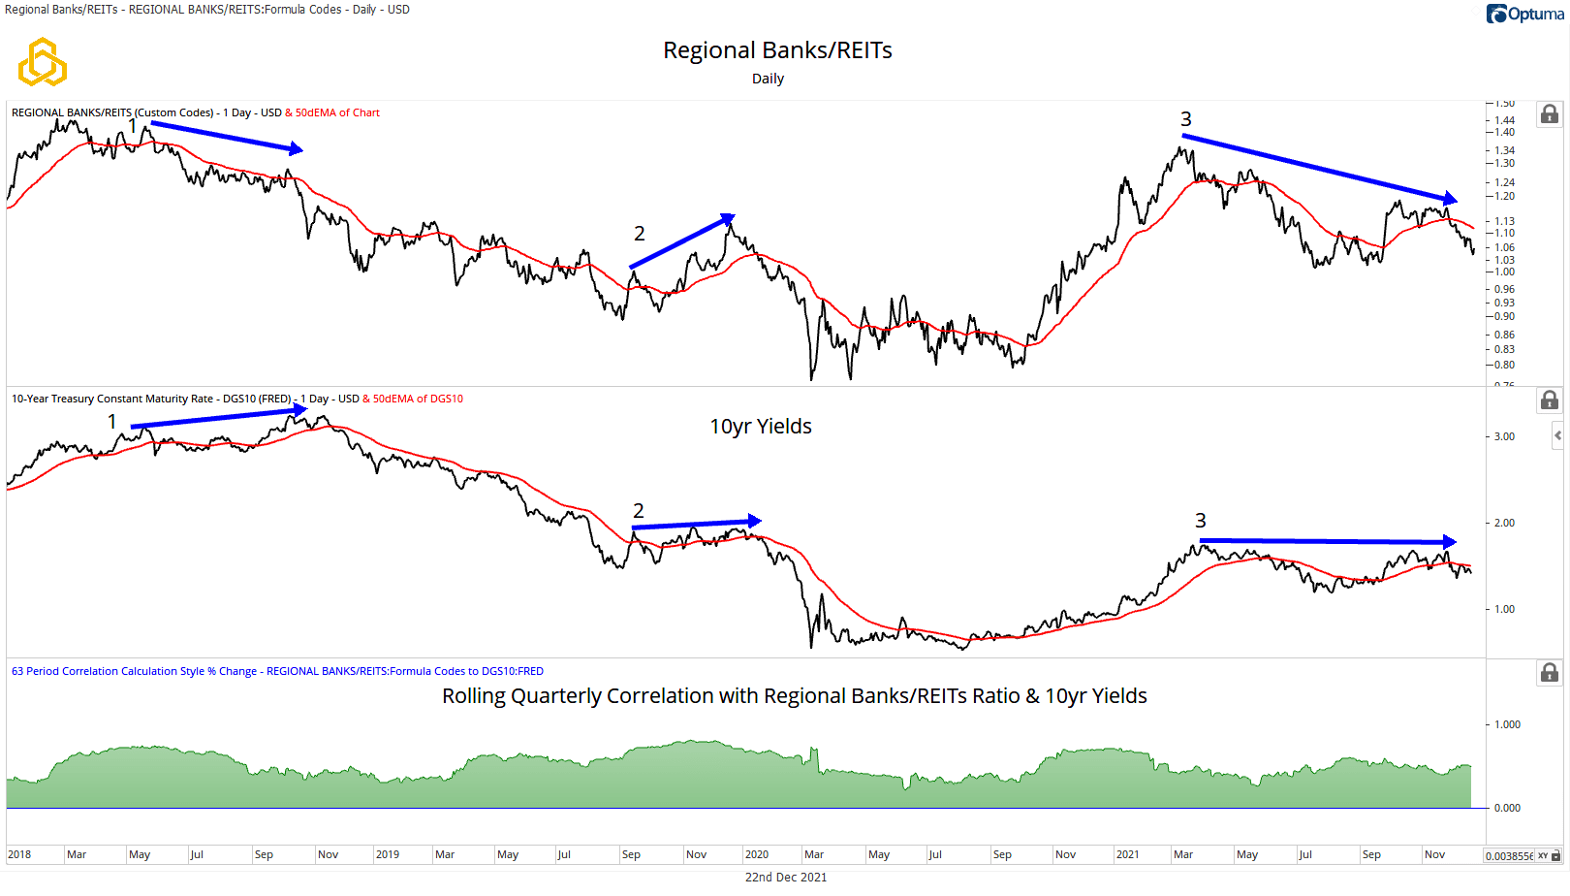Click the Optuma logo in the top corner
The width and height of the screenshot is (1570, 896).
click(1524, 14)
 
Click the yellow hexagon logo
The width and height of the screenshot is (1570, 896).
click(43, 63)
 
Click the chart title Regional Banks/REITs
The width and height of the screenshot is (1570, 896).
click(777, 50)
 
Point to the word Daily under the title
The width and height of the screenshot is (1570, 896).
click(768, 79)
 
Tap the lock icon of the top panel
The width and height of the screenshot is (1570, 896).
click(1549, 114)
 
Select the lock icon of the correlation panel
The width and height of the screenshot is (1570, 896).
click(1549, 673)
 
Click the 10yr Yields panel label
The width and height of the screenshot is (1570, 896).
click(761, 427)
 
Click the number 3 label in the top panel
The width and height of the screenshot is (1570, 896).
click(1185, 119)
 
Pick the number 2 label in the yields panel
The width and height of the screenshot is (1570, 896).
click(638, 511)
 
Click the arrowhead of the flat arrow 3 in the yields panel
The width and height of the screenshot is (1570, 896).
click(1449, 542)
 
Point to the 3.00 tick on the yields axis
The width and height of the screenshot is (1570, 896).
click(1504, 436)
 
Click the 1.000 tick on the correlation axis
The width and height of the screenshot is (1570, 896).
click(1507, 724)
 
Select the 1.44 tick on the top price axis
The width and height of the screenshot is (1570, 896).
click(1504, 120)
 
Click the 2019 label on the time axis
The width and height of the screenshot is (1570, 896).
click(388, 854)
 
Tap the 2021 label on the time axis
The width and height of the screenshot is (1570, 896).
click(1127, 854)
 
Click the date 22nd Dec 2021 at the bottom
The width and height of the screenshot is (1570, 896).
click(785, 877)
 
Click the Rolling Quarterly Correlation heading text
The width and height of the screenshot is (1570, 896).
click(794, 696)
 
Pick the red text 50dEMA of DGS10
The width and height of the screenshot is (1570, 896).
click(418, 399)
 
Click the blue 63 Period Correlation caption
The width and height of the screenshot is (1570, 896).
click(277, 671)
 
